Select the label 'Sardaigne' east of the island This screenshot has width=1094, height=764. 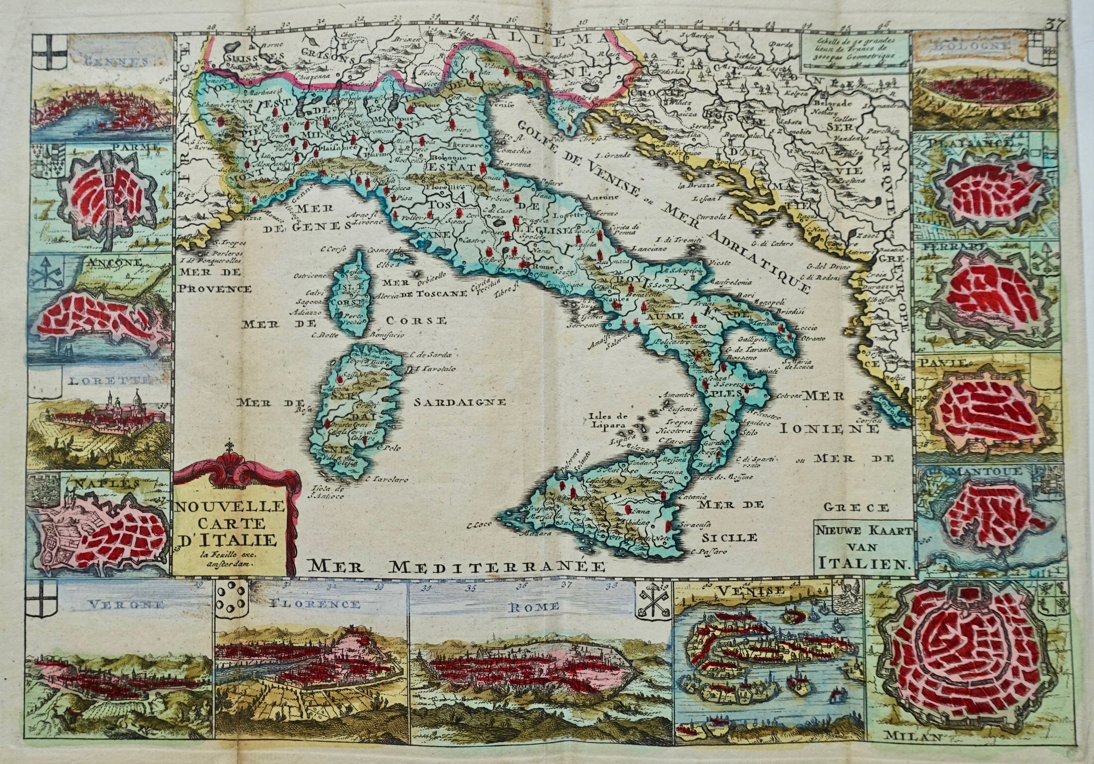pos(459,402)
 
